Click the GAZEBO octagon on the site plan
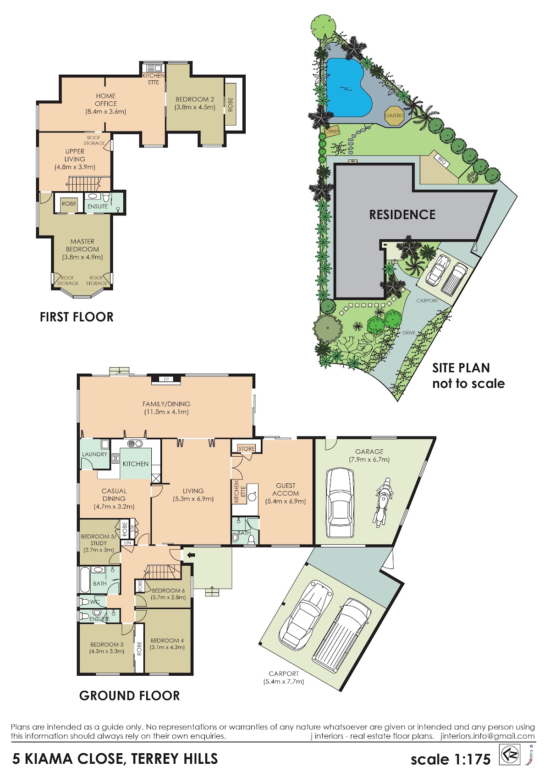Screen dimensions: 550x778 394,116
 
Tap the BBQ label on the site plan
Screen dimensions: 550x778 442,160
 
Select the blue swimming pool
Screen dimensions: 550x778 348,88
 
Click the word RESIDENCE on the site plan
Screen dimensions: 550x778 402,215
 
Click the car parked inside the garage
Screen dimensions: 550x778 340,502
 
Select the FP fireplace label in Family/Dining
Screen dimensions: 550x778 166,379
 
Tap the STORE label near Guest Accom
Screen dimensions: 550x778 246,448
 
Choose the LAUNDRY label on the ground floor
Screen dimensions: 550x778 94,454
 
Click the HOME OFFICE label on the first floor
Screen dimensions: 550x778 105,99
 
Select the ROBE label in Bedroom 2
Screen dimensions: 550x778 230,105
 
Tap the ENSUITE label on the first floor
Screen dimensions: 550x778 98,206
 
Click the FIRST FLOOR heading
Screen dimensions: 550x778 77,317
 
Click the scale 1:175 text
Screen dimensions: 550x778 451,760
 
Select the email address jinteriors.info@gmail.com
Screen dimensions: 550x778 488,736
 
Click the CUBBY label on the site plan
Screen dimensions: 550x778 331,131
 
